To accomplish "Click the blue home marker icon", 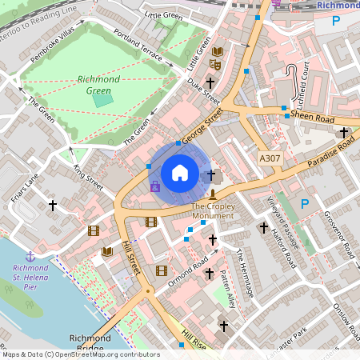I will pos(180,173).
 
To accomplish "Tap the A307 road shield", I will pos(270,160).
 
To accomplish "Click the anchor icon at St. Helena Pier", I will pos(30,256).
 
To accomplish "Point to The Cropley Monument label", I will pos(213,211).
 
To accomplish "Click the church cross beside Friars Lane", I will pos(53,206).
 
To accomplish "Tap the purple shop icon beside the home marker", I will pos(155,186).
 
